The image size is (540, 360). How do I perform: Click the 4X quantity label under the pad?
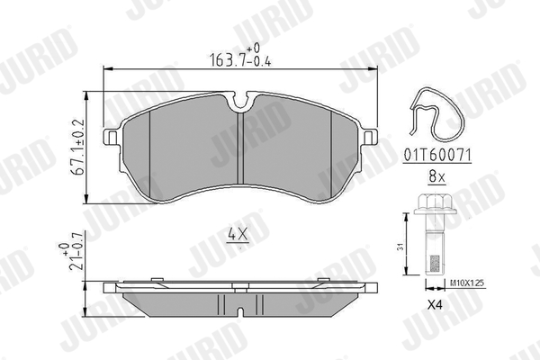coord(237,235)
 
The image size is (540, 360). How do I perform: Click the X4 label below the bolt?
coord(434,303)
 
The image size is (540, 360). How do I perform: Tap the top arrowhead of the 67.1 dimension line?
coord(87,94)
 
